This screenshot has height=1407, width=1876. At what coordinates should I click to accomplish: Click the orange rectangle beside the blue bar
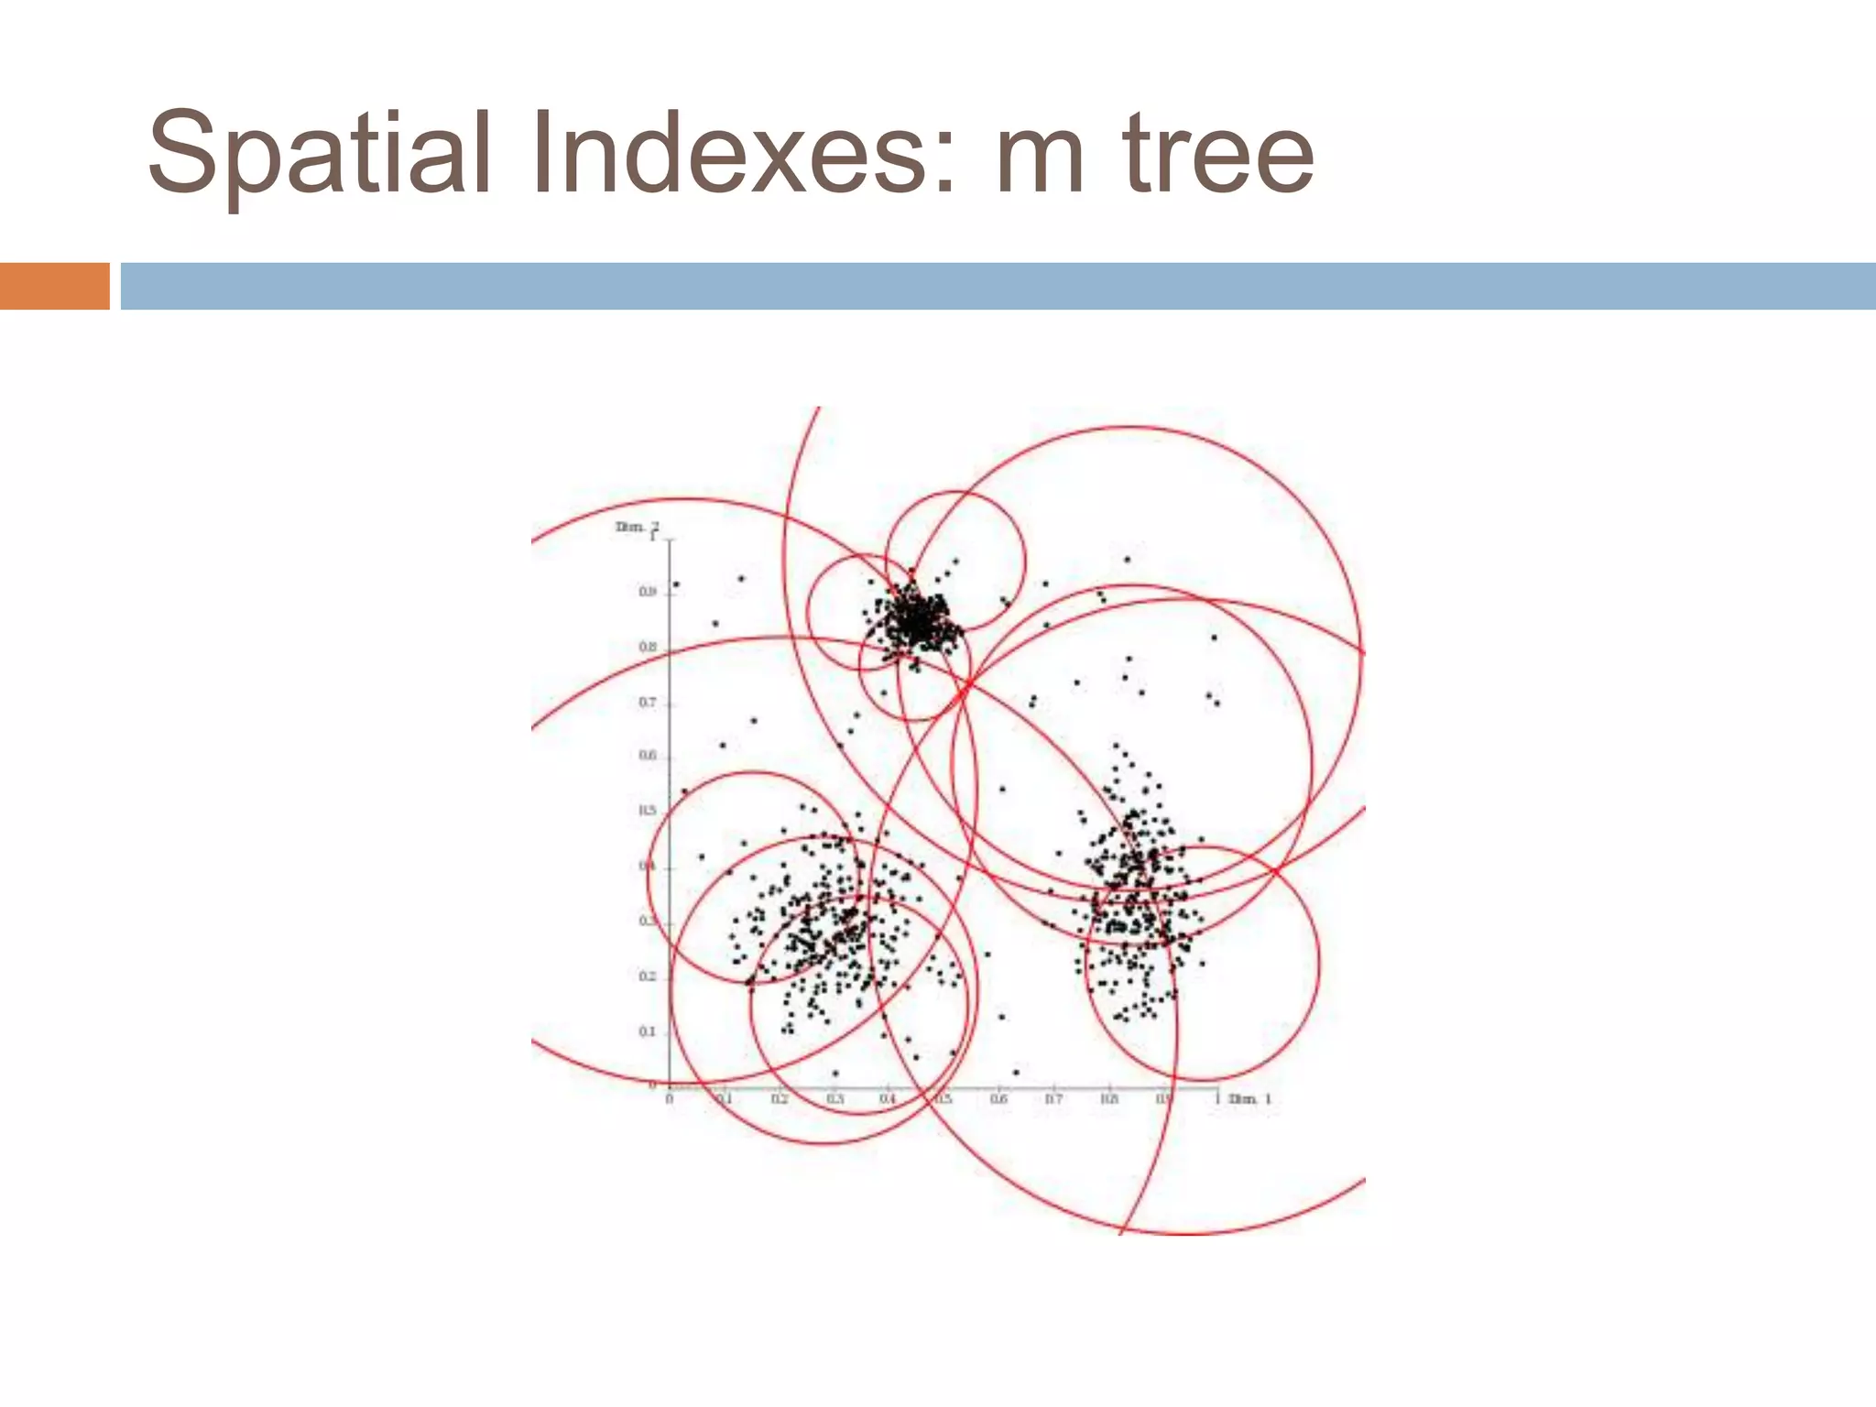54,286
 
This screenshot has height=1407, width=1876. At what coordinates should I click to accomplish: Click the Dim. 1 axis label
1250,1098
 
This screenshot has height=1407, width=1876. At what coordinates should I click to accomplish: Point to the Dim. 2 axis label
636,527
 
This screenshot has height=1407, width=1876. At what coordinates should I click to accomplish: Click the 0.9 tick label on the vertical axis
648,592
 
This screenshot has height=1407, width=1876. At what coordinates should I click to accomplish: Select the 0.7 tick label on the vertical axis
648,703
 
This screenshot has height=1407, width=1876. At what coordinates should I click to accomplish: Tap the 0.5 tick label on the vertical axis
648,812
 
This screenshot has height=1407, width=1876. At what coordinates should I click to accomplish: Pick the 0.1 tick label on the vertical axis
648,1031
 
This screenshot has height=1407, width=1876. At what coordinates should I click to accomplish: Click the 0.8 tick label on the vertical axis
648,648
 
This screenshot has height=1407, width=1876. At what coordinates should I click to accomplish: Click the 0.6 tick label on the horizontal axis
998,1098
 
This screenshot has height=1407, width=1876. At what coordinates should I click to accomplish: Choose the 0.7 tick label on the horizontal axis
1053,1098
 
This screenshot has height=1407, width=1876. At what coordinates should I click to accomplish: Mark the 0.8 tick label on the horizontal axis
1108,1098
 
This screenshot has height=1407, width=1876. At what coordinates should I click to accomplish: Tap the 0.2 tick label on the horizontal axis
779,1098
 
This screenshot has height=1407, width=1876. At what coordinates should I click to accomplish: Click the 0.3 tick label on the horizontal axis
834,1098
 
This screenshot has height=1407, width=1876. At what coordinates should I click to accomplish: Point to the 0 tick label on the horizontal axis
669,1098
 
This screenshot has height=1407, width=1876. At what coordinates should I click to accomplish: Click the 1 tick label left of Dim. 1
1217,1097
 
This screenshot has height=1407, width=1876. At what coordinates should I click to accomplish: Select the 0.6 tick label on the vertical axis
648,756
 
